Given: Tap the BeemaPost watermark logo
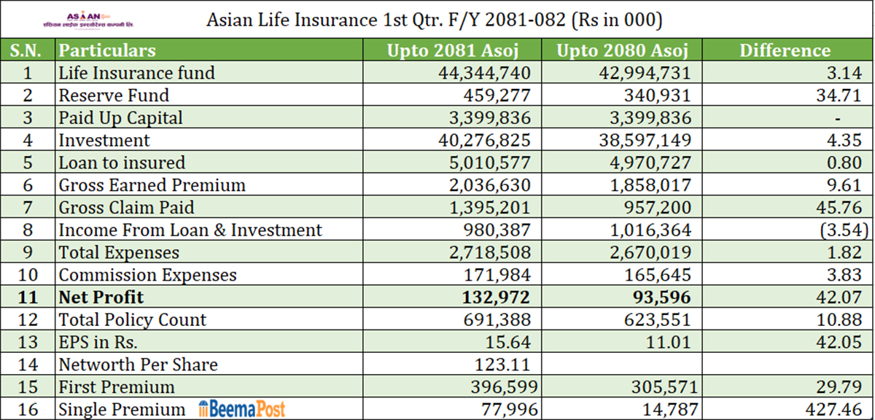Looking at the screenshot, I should tap(241, 410).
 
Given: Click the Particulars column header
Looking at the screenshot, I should tap(107, 50).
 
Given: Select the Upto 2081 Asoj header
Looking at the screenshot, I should tap(459, 50).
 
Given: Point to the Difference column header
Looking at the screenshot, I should tap(785, 50).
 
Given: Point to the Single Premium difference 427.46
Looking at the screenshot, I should tap(834, 410).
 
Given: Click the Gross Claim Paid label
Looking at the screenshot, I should tap(126, 208).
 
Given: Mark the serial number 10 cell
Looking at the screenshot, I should tap(28, 275).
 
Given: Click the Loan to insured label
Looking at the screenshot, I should tap(122, 163).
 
